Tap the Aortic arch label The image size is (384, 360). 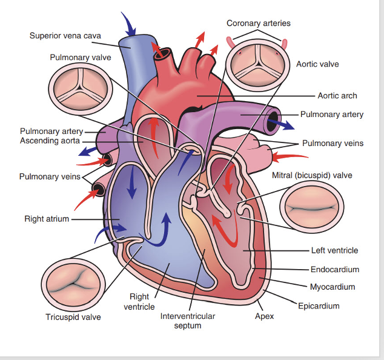[x=337, y=96]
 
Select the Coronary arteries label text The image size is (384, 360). [x=259, y=23]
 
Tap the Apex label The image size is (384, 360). [x=265, y=316]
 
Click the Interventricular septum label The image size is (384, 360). [x=187, y=321]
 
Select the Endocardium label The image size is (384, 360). [x=335, y=269]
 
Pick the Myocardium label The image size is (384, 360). [x=333, y=287]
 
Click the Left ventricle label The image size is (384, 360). [x=335, y=250]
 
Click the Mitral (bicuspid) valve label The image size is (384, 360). [x=312, y=176]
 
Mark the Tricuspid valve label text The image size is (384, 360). [x=73, y=317]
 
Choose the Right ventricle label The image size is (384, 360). [x=139, y=302]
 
